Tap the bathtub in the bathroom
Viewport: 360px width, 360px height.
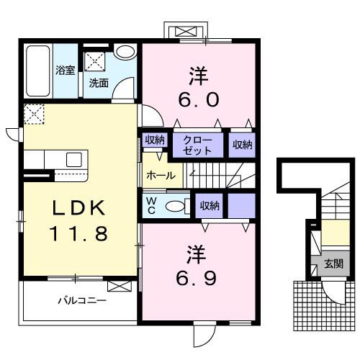(37, 71)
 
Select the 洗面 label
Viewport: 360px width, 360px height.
(99, 83)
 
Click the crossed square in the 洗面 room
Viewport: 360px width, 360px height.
(96, 60)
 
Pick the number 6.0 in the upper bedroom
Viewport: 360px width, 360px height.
(194, 99)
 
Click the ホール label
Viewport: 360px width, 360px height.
(160, 176)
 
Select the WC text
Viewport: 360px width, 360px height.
(152, 204)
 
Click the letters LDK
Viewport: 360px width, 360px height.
(79, 208)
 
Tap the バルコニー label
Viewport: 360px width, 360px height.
(82, 300)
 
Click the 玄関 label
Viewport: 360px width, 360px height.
(333, 263)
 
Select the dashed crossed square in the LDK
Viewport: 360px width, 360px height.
(34, 114)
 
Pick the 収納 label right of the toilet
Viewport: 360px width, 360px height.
(210, 206)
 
